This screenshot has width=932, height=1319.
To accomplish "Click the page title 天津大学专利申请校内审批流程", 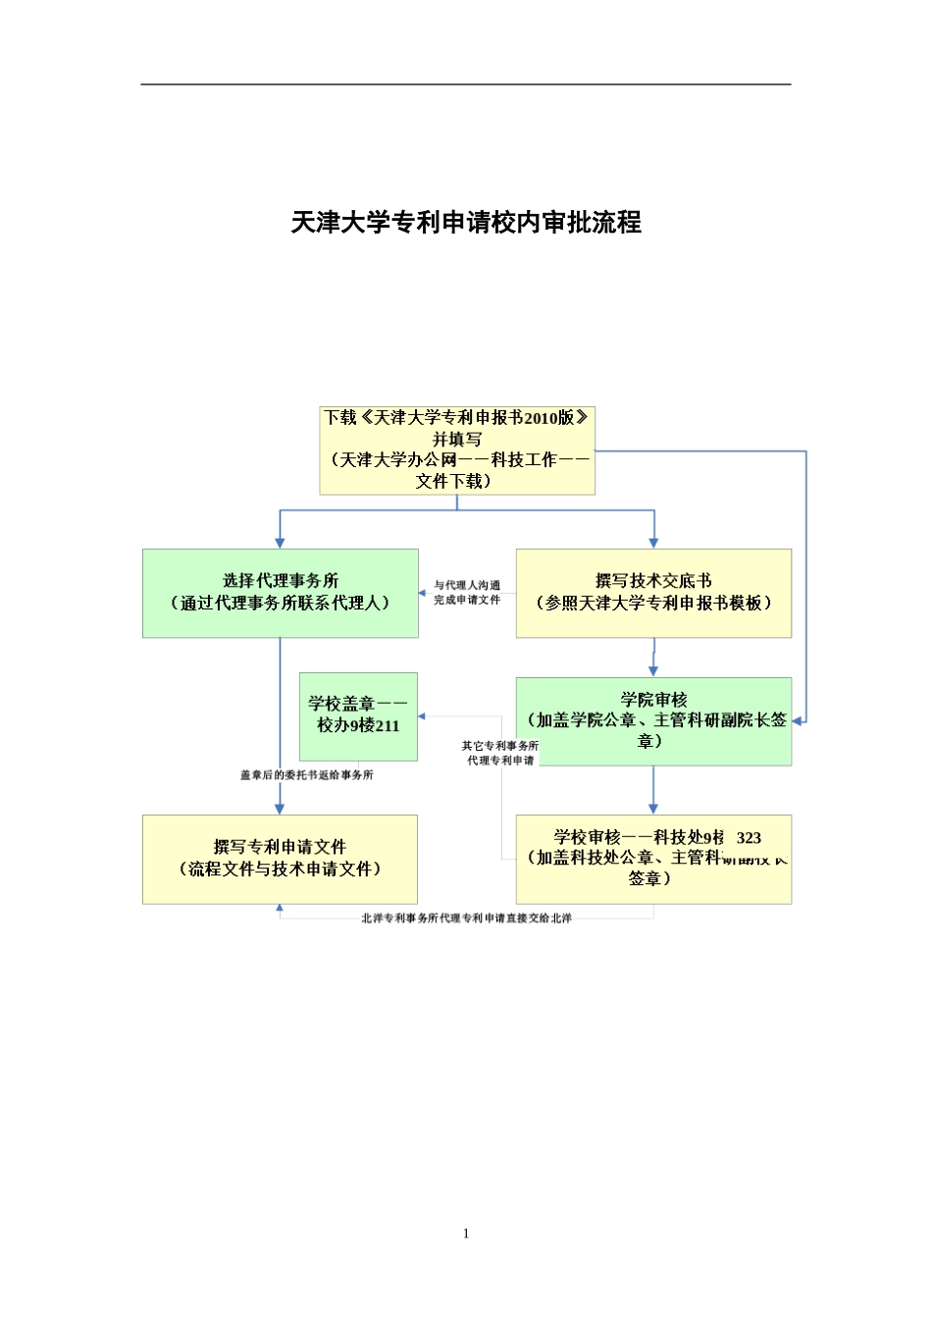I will click(x=466, y=223).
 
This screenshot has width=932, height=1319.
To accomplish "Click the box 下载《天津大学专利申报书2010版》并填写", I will click(x=457, y=449).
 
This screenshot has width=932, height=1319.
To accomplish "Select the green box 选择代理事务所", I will click(x=281, y=593).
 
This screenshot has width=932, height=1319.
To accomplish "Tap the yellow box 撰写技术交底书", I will click(x=653, y=593).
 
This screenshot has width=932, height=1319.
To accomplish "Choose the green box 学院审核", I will click(x=653, y=720).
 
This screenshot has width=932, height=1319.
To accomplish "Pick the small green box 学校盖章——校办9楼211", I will click(x=358, y=715).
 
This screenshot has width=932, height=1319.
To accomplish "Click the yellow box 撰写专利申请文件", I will click(x=280, y=859).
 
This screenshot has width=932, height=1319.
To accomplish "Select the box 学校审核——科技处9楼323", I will click(x=653, y=859).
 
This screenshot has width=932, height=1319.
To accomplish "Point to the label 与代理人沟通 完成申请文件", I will click(x=467, y=592).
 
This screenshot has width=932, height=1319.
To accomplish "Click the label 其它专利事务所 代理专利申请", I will click(x=500, y=753).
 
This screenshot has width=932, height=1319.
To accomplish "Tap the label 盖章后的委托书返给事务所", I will click(x=307, y=775).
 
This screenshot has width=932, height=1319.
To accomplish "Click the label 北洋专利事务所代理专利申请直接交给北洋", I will click(x=466, y=919).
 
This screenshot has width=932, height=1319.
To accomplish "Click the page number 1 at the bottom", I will click(x=466, y=1234).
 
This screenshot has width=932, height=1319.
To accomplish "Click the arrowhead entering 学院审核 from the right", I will click(x=798, y=721).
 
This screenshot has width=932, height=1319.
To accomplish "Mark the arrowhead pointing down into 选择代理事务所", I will click(x=281, y=543).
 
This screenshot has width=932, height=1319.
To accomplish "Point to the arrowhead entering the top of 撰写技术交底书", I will click(x=653, y=543).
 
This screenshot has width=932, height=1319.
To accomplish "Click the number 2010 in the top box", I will click(x=541, y=418).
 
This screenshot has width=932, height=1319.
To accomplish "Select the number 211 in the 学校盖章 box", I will click(x=387, y=726).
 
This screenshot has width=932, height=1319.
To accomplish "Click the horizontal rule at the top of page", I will click(x=466, y=84).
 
